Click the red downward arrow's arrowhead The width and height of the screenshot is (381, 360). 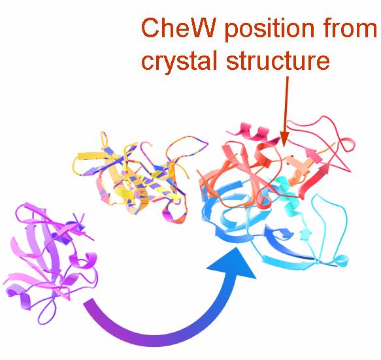click(x=284, y=139)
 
